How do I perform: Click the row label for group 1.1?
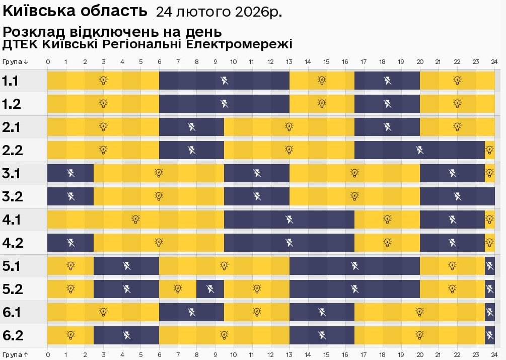(x=11, y=81)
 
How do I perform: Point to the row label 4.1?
(x=11, y=220)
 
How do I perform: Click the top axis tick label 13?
(x=289, y=61)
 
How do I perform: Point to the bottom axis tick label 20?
(x=419, y=354)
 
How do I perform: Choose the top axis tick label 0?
(x=48, y=61)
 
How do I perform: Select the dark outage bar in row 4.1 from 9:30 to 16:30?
(x=289, y=220)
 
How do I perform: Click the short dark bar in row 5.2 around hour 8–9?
(x=210, y=289)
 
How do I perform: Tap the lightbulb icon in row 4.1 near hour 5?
(x=135, y=219)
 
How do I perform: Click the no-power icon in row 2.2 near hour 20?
(x=419, y=150)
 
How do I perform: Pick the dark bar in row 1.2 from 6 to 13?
(x=224, y=104)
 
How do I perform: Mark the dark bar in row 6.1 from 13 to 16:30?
(x=322, y=312)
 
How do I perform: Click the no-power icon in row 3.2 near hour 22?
(x=457, y=196)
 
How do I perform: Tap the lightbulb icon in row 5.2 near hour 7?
(x=178, y=289)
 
